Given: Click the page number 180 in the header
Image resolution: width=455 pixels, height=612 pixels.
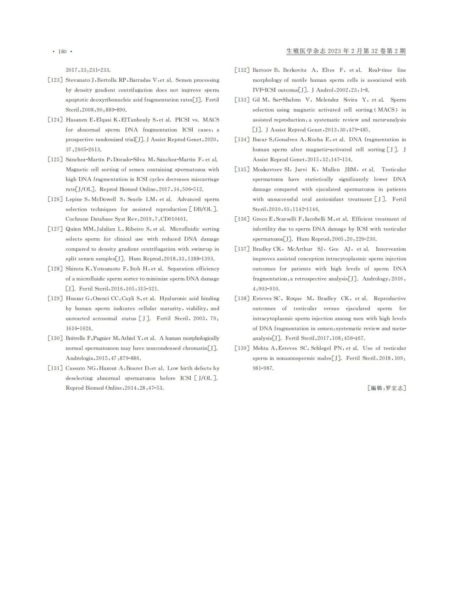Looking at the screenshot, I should [62, 52].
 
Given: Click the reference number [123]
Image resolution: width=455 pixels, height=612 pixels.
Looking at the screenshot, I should [55, 80].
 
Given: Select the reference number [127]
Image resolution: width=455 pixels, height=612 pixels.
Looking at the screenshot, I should [55, 229].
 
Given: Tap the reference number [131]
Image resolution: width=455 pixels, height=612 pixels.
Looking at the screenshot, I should [55, 368].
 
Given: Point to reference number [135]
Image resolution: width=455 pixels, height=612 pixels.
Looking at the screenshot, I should [242, 169].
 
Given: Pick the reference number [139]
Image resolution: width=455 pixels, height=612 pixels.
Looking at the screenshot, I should [242, 348].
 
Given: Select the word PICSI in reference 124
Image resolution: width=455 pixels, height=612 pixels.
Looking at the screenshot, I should [182, 120].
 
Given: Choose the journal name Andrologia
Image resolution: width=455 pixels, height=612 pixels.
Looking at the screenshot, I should [80, 358].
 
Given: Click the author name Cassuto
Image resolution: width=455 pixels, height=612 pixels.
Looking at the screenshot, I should [76, 368].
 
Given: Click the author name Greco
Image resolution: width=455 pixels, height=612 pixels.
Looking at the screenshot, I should [260, 219].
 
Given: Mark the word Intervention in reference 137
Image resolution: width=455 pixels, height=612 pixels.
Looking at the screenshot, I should [391, 249].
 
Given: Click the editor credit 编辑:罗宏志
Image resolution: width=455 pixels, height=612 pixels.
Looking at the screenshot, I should [387, 388].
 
